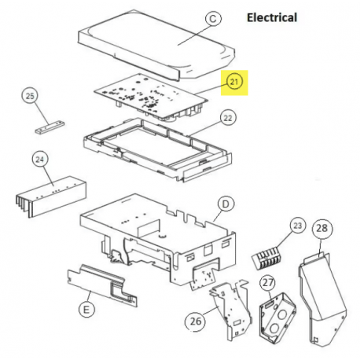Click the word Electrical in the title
tap(272, 17)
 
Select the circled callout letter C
tap(213, 19)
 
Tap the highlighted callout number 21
tap(234, 82)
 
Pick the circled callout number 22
tap(228, 118)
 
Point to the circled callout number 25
tap(30, 96)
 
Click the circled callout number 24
tap(40, 160)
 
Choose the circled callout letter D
tap(226, 204)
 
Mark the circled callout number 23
tap(298, 226)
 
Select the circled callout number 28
tap(322, 228)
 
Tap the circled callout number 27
tap(268, 283)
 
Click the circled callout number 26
tap(196, 321)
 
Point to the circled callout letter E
tap(86, 310)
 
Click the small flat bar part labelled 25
tap(50, 127)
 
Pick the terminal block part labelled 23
tap(266, 257)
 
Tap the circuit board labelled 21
tap(152, 97)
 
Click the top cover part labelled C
tap(156, 46)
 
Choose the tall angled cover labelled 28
tap(323, 299)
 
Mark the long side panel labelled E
tap(102, 285)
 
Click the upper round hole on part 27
tap(282, 314)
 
